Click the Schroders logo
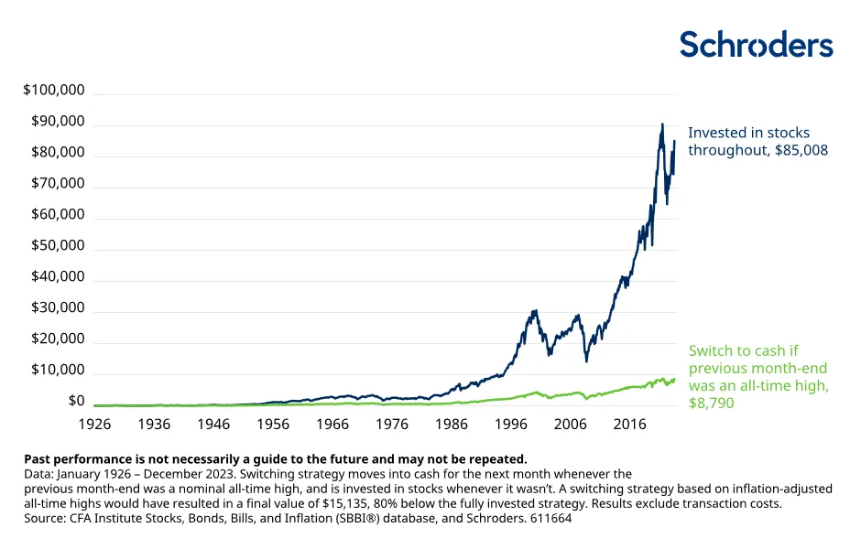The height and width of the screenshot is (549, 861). (756, 45)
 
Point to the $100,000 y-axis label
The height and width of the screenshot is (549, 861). (54, 91)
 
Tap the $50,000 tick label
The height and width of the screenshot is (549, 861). (58, 245)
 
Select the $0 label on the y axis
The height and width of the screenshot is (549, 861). (75, 401)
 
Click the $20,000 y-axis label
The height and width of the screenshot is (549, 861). (58, 339)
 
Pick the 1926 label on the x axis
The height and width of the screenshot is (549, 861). (94, 425)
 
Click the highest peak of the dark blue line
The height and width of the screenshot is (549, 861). (662, 124)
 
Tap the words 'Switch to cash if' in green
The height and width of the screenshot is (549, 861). (745, 350)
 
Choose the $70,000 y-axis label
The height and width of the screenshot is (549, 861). (58, 183)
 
